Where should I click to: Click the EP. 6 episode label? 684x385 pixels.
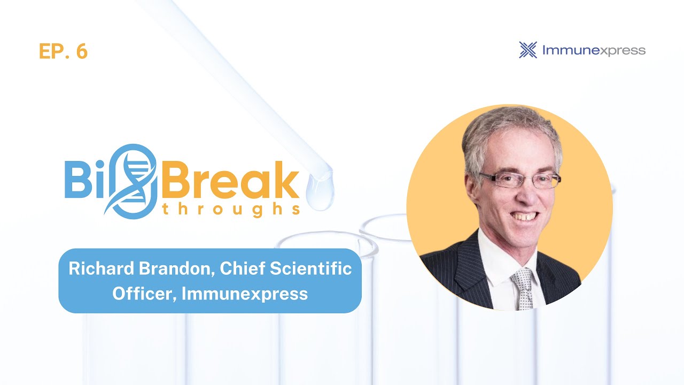point(63,51)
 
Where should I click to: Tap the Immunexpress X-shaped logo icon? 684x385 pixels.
point(528,50)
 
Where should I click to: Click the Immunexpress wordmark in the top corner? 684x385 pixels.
point(594,51)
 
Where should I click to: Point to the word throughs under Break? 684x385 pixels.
point(230,210)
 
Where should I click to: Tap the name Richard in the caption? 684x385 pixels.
point(102,269)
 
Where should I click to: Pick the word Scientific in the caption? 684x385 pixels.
point(316,269)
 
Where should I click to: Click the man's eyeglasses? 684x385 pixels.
point(519,179)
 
